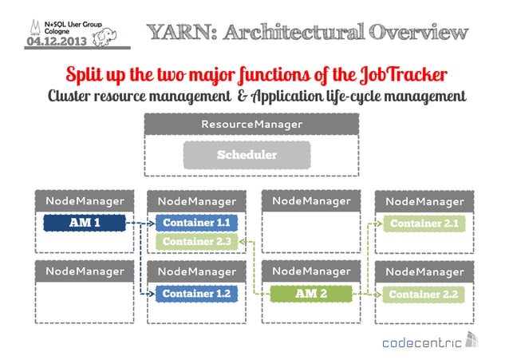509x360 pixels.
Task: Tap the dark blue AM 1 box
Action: (85, 223)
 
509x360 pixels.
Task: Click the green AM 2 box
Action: (310, 295)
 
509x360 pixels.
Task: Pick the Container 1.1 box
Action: (195, 223)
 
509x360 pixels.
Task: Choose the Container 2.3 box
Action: (195, 241)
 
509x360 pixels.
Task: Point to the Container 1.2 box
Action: (195, 295)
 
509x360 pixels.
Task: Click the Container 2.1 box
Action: (423, 224)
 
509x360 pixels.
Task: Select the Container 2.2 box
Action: (423, 295)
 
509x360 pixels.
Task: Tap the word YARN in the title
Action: (183, 33)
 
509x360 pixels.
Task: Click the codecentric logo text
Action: (423, 343)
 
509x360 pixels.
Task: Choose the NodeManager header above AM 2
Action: (310, 271)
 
